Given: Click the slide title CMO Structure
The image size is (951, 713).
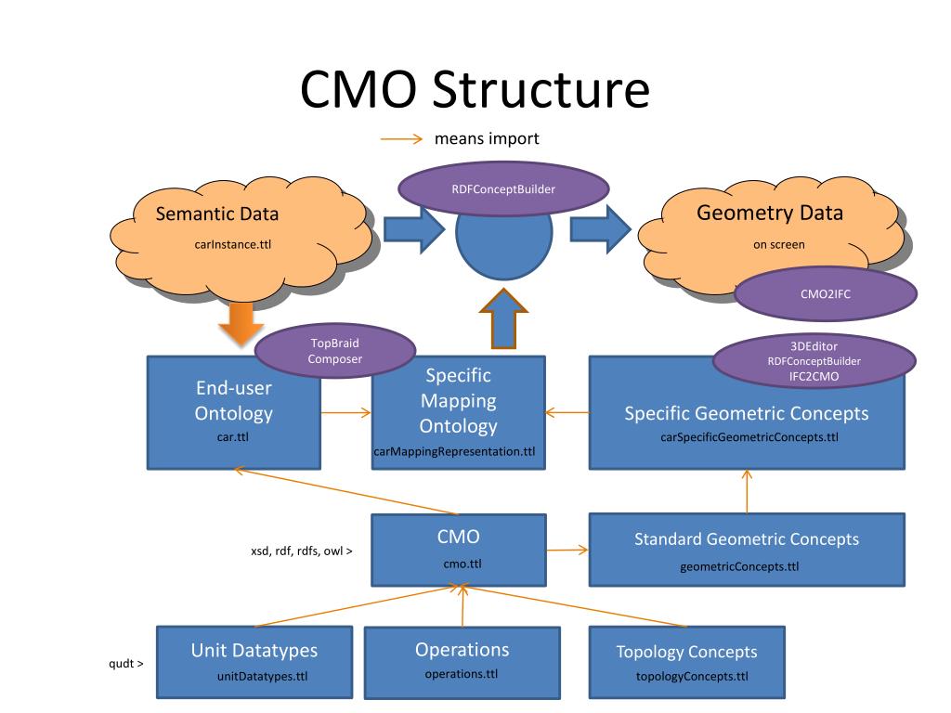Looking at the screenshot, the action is coord(475,89).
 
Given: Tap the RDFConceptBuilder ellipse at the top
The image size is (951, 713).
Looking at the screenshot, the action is coord(503,188).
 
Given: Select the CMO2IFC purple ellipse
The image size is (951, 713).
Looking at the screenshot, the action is coord(826,294).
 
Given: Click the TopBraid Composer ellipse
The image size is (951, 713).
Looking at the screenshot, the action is coord(334,351).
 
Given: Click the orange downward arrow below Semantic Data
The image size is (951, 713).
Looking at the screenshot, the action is coord(241,324).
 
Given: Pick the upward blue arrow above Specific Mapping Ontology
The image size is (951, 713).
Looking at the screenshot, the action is coord(503,318).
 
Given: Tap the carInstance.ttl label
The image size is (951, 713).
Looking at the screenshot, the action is coord(233,244).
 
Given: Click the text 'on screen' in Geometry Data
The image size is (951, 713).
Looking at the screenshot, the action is coord(779,244).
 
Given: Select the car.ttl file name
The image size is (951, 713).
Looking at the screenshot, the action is coord(233,436).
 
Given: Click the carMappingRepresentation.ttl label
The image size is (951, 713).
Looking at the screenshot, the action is coord(454,451).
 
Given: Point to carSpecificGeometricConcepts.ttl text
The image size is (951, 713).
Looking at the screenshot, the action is coord(749,437).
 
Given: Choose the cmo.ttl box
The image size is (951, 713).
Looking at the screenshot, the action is coord(459,550).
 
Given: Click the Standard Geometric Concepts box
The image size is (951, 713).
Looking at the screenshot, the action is coord(747,550).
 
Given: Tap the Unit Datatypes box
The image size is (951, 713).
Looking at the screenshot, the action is coord(254,662).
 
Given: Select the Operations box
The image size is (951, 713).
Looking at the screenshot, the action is coord(462,663).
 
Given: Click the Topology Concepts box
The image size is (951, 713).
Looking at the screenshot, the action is coord(686,662).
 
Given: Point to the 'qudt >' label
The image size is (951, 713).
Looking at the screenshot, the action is coord(126,663).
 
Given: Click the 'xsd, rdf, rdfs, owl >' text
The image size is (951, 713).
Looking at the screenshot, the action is coord(302,551).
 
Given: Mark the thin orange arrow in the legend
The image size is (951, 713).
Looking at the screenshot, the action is coord(401,139).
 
